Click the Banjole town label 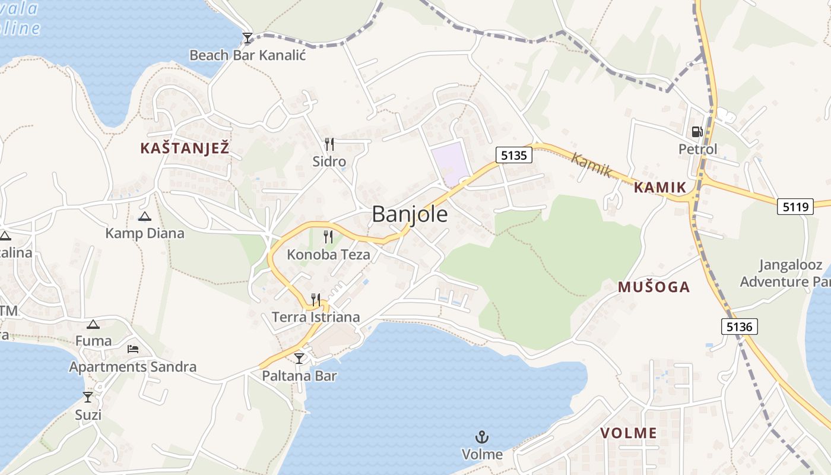click(410, 214)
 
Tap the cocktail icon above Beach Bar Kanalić click(248, 39)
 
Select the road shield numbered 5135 click(514, 156)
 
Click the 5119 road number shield click(795, 207)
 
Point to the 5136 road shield click(740, 326)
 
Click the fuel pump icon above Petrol click(697, 132)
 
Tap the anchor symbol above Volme click(482, 438)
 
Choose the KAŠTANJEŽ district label click(185, 148)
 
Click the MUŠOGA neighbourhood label click(654, 287)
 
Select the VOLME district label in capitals click(629, 433)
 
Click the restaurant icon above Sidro click(329, 144)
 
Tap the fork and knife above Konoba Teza click(328, 237)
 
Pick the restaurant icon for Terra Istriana click(316, 299)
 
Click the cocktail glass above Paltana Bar click(299, 358)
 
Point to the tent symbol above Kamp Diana click(144, 217)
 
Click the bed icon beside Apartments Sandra click(133, 349)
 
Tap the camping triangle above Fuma click(93, 324)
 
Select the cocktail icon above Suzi click(88, 397)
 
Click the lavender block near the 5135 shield click(449, 163)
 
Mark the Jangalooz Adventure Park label click(784, 273)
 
